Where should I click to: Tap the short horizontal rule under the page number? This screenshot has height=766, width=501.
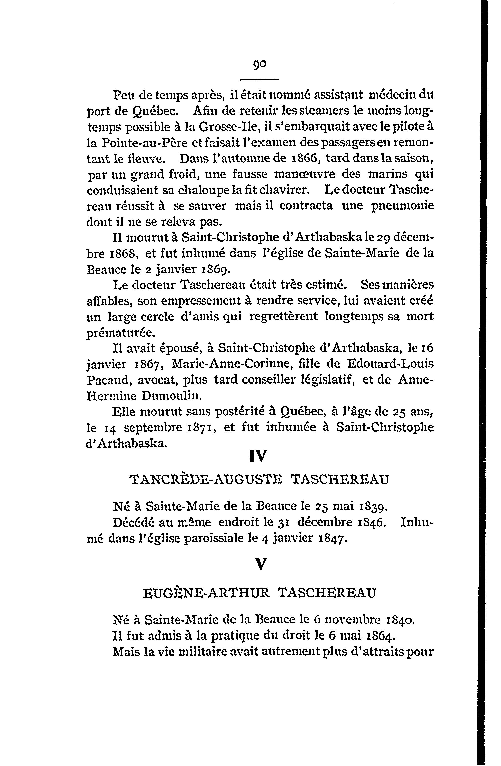(260, 79)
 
